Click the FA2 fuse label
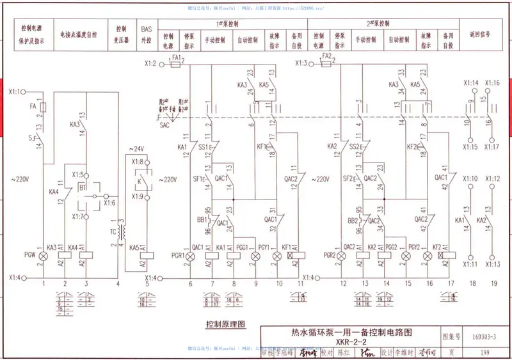click(326, 57)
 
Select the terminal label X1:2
click(150, 63)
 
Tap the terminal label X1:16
click(492, 83)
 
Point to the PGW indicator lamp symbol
click(44, 256)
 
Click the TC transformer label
click(113, 232)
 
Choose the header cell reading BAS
click(147, 29)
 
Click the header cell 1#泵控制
click(227, 23)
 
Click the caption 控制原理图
click(226, 324)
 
